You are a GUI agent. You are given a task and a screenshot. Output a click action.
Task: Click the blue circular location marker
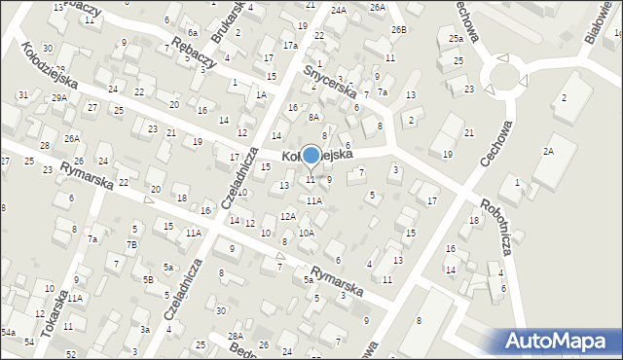point(311,155)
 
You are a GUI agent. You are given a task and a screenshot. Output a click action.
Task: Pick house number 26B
point(398,30)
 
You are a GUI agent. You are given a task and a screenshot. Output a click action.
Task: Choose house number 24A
point(338,10)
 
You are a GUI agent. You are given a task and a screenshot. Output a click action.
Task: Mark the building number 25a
point(456,38)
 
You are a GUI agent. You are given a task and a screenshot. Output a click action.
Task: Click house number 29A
point(59,97)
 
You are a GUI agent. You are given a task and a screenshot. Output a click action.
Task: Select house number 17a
point(289,45)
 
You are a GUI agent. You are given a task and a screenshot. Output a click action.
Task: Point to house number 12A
point(287,216)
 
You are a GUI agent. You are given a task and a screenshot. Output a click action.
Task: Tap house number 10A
point(306,234)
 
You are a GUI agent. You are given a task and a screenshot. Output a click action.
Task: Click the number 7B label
point(131,244)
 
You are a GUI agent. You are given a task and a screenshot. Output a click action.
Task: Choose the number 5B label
point(148,280)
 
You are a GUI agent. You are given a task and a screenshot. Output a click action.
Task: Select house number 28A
point(236,336)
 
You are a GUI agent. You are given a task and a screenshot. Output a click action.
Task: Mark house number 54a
point(8,333)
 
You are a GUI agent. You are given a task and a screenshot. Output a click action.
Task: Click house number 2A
point(548,151)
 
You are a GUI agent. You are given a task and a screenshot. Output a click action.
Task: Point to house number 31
point(22,94)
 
